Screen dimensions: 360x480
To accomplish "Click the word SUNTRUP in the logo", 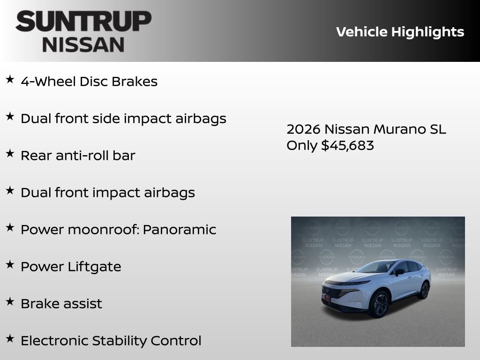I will pos(83,21).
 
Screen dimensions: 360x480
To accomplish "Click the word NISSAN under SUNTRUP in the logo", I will pos(83,44).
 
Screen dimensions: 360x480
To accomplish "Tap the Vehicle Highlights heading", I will pos(400,32).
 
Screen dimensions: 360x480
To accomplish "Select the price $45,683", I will pos(347,145).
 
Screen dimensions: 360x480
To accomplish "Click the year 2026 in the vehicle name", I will pos(303,129).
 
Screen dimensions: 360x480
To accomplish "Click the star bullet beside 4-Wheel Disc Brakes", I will pos(10,80).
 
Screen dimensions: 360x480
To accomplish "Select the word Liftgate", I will pos(94,267).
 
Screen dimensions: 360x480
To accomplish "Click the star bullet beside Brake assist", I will pos(10,302).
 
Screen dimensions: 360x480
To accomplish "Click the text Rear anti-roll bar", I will pos(78,156).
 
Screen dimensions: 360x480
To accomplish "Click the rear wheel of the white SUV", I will pos(424,290).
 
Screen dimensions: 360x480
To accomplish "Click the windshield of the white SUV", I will pos(378,268).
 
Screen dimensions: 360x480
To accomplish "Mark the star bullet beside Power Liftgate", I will pos(10,265).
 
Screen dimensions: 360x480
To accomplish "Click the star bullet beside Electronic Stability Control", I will pos(10,339).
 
